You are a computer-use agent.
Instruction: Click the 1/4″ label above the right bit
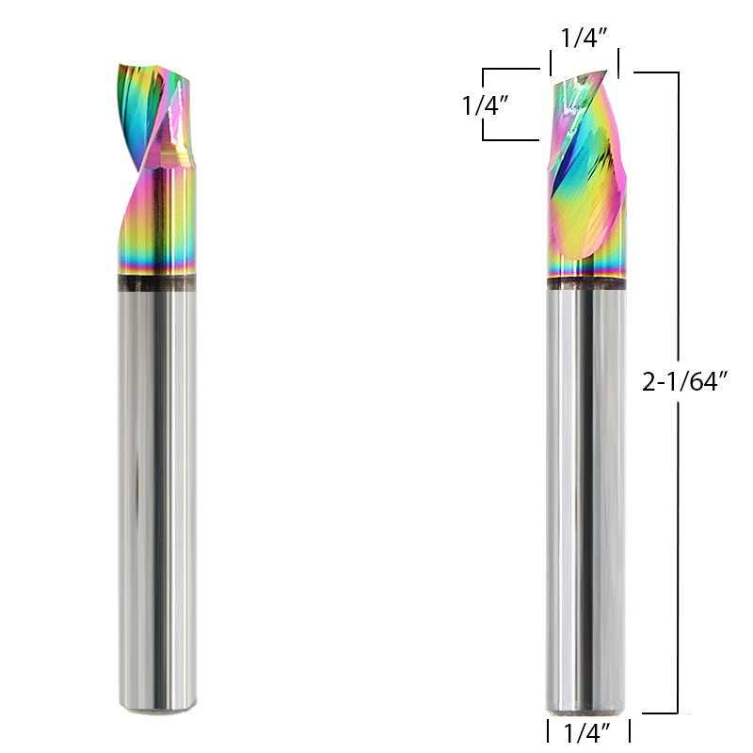tap(584, 39)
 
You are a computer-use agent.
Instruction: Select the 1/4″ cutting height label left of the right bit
tap(486, 105)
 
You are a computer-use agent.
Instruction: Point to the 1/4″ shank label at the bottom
tap(588, 730)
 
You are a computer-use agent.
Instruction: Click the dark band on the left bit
tap(157, 283)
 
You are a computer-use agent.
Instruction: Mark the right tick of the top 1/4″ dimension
tap(618, 65)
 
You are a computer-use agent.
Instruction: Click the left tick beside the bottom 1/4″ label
tap(548, 730)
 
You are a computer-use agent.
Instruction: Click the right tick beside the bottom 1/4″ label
tap(629, 730)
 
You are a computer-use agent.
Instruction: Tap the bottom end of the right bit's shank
tap(585, 711)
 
